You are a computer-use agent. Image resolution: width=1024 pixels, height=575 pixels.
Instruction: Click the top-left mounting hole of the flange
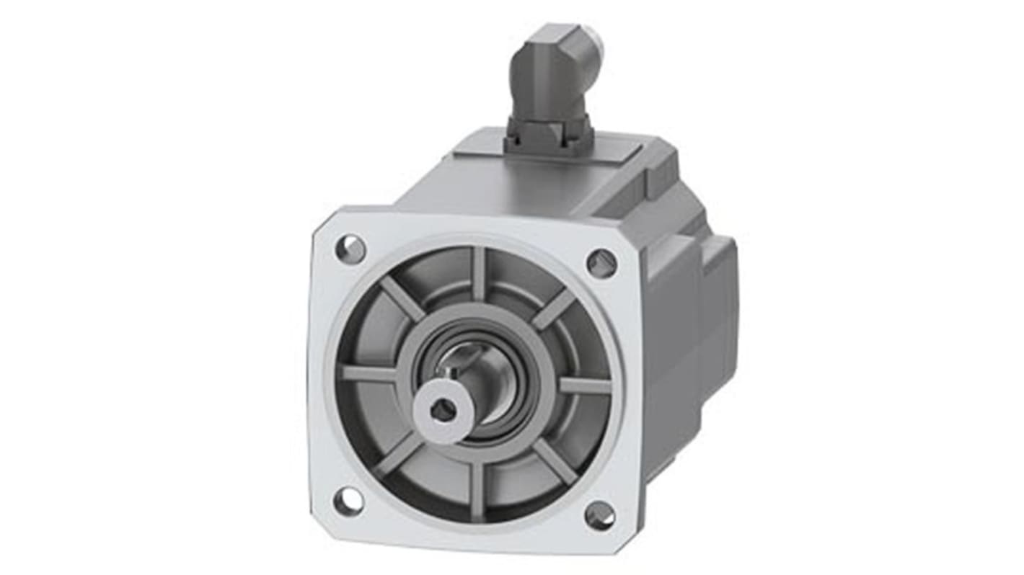(350, 249)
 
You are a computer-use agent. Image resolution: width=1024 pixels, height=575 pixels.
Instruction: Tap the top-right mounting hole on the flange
(601, 263)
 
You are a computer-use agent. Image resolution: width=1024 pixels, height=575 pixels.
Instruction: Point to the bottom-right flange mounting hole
(599, 515)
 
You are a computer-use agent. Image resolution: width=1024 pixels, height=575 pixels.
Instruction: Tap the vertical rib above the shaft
(480, 275)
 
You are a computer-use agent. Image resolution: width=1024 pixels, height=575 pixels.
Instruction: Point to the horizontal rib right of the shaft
(584, 385)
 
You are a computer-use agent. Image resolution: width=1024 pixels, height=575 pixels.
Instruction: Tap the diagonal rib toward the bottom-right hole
(555, 461)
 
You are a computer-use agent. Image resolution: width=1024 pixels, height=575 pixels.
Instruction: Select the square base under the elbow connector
(548, 135)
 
